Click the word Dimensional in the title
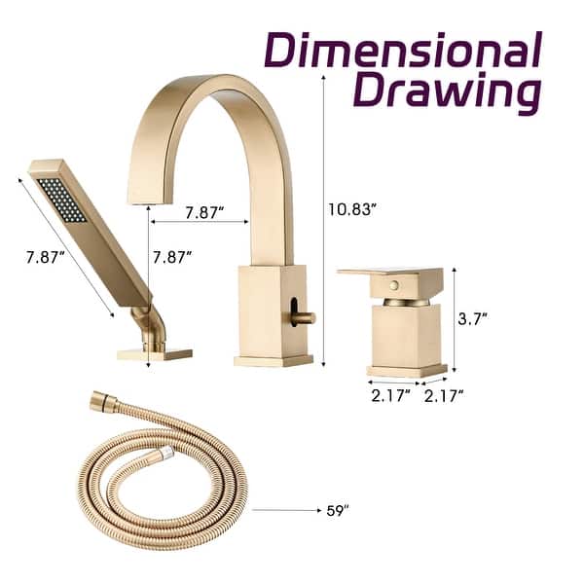403,50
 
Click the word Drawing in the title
446,93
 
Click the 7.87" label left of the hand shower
45,257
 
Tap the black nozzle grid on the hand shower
61,199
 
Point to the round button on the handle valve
393,285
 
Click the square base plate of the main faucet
273,361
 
